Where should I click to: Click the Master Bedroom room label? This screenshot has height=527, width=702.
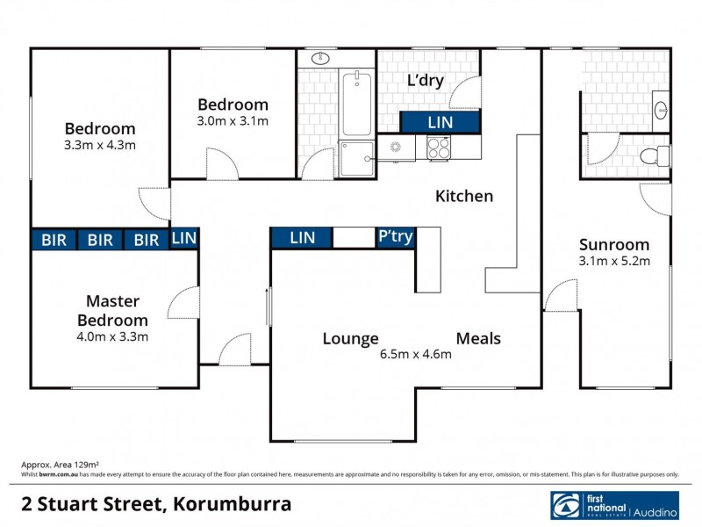[x=117, y=311]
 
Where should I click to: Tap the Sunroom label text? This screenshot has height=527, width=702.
[x=614, y=245]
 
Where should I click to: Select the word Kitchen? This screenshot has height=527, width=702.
[x=464, y=196]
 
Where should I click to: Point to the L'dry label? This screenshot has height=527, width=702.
[x=426, y=81]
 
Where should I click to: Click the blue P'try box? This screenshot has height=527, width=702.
[x=396, y=237]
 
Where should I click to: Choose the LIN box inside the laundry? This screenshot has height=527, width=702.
[x=441, y=122]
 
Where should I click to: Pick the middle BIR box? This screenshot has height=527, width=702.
[x=100, y=240]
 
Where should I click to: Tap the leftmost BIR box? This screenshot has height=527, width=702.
[x=54, y=240]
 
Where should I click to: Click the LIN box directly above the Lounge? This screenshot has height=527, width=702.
[x=302, y=237]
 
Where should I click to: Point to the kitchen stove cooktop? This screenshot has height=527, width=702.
[x=439, y=148]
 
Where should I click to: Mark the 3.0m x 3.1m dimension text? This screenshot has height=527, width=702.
[x=233, y=121]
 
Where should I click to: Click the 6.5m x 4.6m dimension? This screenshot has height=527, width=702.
[x=415, y=355]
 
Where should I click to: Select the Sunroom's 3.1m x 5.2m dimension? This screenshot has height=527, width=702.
[x=614, y=262]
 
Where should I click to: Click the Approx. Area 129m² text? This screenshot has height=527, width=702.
[x=60, y=463]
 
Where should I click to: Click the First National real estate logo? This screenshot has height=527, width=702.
[x=613, y=505]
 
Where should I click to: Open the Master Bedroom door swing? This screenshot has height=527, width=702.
[x=184, y=303]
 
